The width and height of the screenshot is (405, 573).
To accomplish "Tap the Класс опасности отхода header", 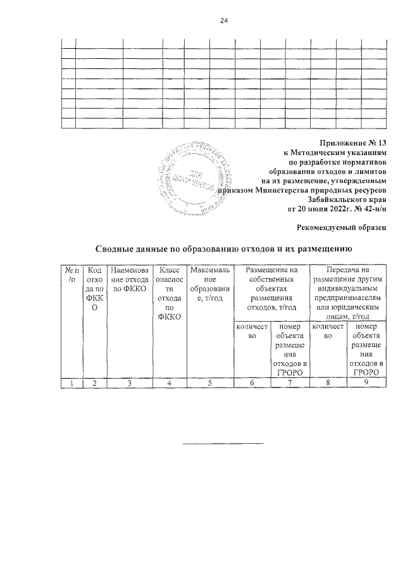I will (169, 293).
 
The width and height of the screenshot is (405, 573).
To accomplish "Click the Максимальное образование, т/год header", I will (207, 284).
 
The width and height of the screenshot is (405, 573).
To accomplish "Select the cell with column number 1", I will (69, 382).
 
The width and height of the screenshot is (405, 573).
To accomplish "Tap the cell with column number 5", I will (207, 382).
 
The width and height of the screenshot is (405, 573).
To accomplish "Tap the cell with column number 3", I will (128, 382).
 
